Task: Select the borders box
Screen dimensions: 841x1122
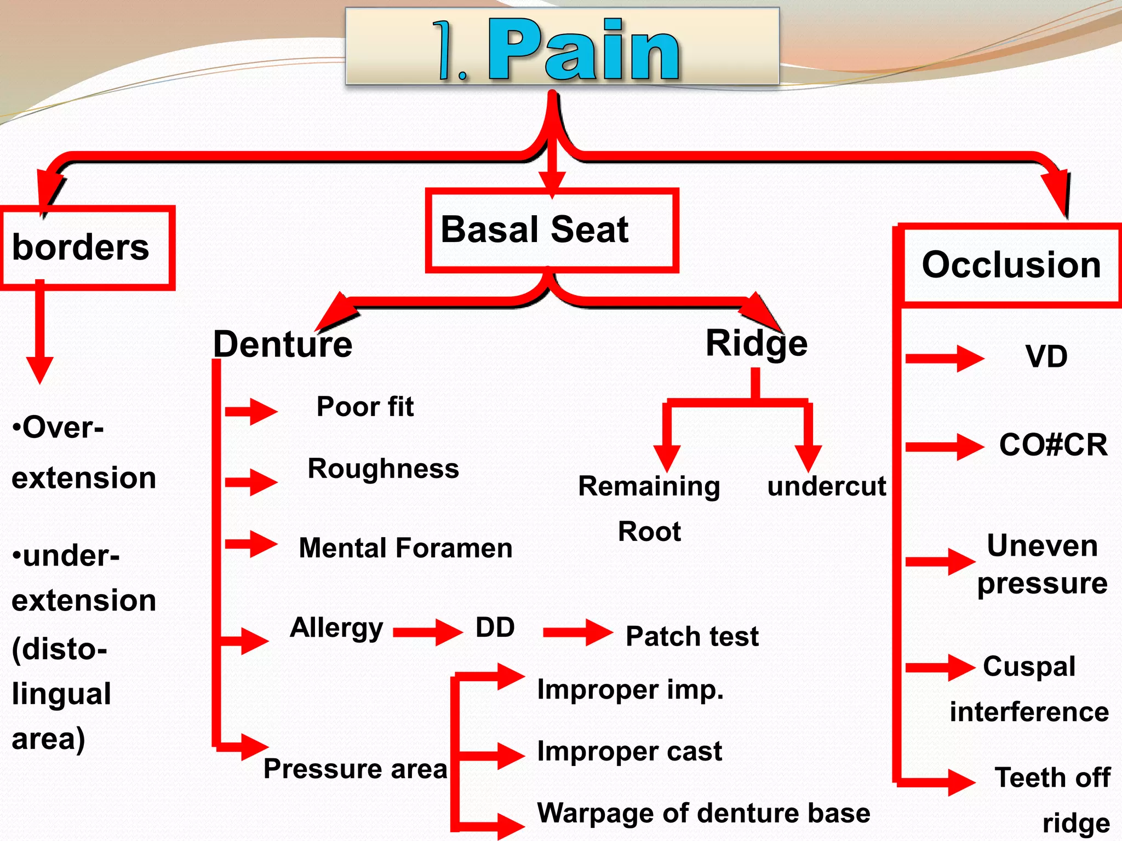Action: tap(88, 247)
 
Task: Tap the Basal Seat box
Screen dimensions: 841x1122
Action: tap(552, 230)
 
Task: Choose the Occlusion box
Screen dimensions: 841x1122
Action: tap(1011, 265)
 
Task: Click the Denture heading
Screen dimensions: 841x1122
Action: tap(283, 344)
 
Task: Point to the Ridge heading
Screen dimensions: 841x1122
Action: tap(756, 343)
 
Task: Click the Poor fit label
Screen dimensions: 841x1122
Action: tap(365, 407)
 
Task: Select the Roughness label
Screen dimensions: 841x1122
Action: tap(383, 469)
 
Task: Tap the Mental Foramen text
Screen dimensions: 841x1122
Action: tap(405, 548)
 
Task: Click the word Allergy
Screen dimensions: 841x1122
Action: tap(336, 628)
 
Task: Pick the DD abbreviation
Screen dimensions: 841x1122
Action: tap(495, 627)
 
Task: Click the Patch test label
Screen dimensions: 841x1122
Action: tap(692, 636)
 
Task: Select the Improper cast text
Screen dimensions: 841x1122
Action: tap(629, 751)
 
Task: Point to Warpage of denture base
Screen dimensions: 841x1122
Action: tap(703, 813)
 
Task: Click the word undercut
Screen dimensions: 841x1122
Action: tap(826, 486)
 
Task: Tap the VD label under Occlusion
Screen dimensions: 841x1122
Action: tap(1046, 356)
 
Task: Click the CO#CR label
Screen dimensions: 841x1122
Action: tap(1053, 445)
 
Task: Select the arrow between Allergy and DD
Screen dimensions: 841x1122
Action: tap(428, 632)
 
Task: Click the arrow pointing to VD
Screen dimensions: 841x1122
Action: tap(944, 359)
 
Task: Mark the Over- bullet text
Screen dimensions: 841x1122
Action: tap(58, 427)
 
